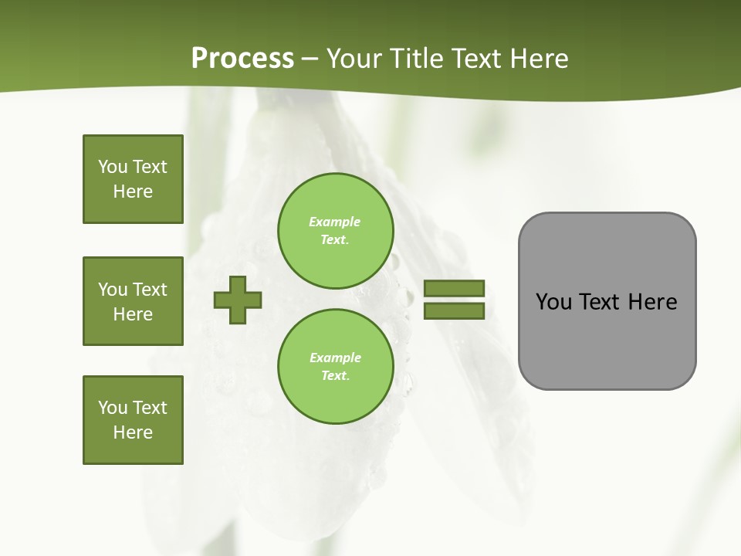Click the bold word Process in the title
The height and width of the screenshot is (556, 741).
coord(242,59)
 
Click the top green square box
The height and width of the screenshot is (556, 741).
coord(133,179)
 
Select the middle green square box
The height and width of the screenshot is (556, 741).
coord(133,301)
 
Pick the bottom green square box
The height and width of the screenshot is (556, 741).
coord(133,420)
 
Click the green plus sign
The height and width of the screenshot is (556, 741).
coord(238,300)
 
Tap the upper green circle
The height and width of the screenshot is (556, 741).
coord(335,230)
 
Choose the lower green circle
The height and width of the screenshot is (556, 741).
coord(335,366)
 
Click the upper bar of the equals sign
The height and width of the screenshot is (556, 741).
coord(454,288)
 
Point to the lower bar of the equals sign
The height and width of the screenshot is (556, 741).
coord(454,311)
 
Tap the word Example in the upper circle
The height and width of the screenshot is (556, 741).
coord(335,222)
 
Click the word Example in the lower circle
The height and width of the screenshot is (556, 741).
coord(335,358)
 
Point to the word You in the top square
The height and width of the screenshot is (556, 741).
coord(113,167)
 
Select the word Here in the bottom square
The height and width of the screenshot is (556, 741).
coord(133,432)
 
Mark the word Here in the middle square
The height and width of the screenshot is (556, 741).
coord(133,314)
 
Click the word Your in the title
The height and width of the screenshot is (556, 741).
coord(352,59)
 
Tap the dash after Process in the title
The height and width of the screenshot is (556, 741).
coord(310,59)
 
